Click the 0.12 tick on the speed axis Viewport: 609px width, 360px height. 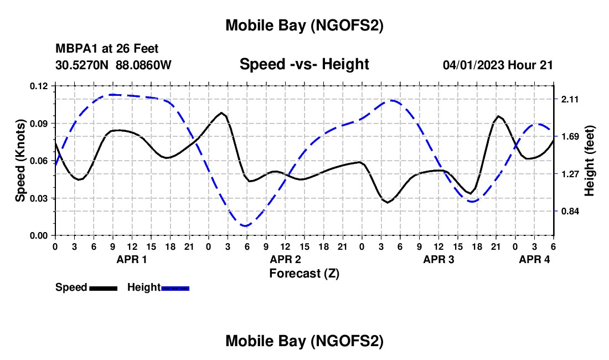(40, 86)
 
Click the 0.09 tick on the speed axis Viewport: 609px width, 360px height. (40, 123)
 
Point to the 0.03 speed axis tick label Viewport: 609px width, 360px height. (40, 198)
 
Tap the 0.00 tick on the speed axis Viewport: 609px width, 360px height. (40, 235)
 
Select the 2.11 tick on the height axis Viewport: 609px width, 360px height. (571, 99)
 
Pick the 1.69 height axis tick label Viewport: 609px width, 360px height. (571, 136)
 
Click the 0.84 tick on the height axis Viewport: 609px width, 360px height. (571, 211)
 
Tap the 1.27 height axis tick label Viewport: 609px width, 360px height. (571, 174)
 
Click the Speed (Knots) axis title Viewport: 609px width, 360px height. (20, 161)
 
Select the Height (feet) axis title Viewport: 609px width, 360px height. (590, 161)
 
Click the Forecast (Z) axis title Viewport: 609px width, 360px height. (304, 273)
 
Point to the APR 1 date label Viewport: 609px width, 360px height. (132, 259)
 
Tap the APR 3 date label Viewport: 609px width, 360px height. (438, 259)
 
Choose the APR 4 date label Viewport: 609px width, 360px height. (534, 259)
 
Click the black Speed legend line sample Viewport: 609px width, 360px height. (103, 288)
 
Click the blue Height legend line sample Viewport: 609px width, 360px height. (176, 288)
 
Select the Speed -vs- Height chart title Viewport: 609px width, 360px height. (304, 65)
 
